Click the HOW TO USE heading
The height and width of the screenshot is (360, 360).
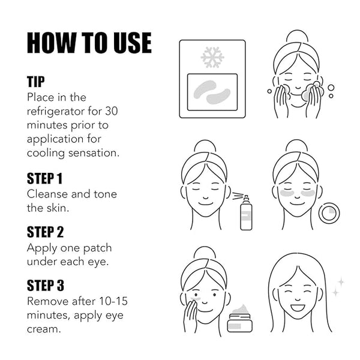click(x=89, y=43)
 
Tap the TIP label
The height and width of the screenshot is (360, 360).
click(x=36, y=82)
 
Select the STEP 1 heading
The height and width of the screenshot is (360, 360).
click(x=45, y=178)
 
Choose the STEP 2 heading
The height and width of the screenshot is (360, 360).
click(x=45, y=232)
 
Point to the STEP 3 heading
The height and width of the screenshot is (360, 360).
click(x=46, y=286)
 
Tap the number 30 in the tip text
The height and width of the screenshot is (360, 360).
click(x=112, y=111)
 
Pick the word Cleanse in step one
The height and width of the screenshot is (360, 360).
click(x=48, y=194)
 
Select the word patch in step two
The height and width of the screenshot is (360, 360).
click(x=97, y=248)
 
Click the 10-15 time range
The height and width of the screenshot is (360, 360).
click(x=113, y=301)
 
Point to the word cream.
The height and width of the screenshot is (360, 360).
click(x=44, y=329)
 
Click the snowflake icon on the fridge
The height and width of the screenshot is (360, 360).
click(x=212, y=58)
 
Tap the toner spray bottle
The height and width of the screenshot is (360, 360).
click(x=246, y=212)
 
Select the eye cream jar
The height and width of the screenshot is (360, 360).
click(x=239, y=318)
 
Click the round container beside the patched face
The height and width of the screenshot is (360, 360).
click(x=329, y=213)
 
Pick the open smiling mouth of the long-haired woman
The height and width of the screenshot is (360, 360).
click(x=298, y=308)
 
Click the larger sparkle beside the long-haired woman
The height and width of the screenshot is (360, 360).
click(x=341, y=282)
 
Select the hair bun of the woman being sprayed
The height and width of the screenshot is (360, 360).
click(x=205, y=146)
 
